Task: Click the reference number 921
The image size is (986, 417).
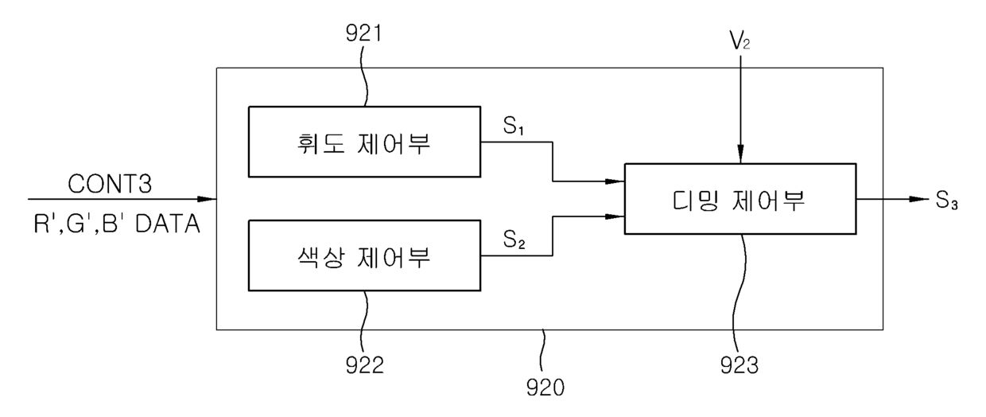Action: click(x=363, y=33)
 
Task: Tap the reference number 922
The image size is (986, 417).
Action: click(x=364, y=364)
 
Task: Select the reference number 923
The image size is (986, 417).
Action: click(x=739, y=365)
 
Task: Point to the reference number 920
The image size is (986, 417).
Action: click(x=545, y=388)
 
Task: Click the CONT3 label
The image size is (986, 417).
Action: click(x=110, y=184)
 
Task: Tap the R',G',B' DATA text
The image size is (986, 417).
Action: click(x=117, y=224)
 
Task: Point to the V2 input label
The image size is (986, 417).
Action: click(x=740, y=41)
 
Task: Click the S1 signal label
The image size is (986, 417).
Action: click(x=514, y=126)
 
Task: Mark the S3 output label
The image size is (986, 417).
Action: click(x=946, y=201)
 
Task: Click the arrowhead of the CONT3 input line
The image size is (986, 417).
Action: click(x=207, y=199)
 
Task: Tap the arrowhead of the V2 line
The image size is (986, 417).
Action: click(x=740, y=154)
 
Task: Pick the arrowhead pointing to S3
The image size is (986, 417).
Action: click(x=919, y=199)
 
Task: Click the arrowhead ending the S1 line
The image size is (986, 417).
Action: click(x=615, y=181)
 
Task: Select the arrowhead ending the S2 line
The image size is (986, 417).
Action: click(x=615, y=216)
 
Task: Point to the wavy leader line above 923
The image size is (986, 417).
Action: click(x=740, y=294)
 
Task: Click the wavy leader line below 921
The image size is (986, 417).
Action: click(x=364, y=75)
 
